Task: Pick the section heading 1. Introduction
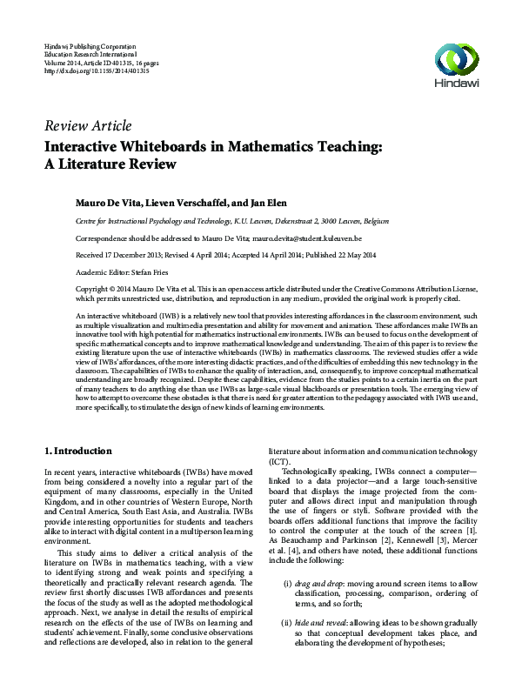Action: [77, 452]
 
